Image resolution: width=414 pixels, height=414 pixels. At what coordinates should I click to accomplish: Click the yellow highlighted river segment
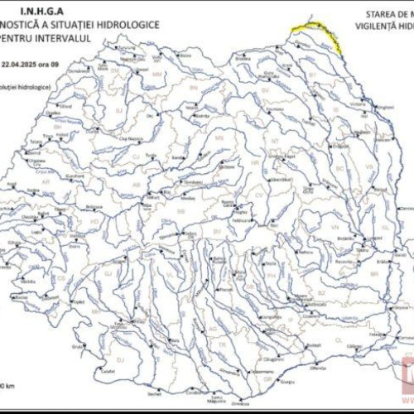coord(318,31)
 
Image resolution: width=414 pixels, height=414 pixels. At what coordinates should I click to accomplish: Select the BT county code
coord(313,75)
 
